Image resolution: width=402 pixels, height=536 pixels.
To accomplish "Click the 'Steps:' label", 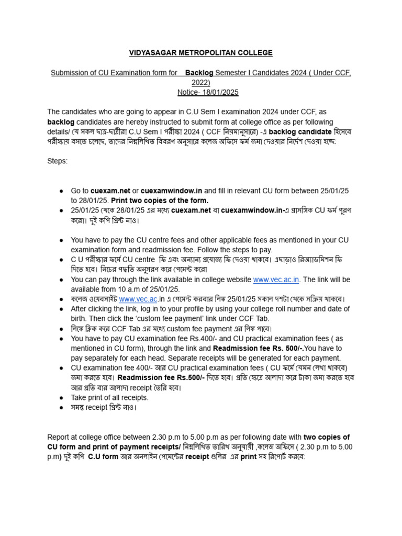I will [58, 161].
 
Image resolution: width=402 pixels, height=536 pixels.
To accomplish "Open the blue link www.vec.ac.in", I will [276, 280].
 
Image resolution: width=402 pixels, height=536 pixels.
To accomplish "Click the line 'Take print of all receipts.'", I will [110, 397].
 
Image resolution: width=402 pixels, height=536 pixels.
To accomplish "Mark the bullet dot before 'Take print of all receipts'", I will [62, 398].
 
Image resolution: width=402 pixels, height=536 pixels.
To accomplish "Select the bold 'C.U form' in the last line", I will [102, 456].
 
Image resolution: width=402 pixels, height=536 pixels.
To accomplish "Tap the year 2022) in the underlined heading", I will [201, 83].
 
